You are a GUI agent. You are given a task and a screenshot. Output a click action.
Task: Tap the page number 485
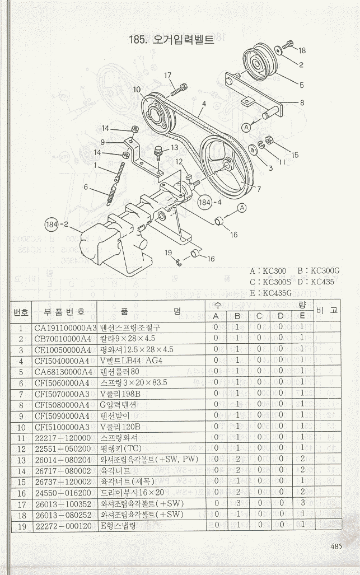(336, 547)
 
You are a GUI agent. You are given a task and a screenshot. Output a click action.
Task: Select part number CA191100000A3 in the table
(66, 328)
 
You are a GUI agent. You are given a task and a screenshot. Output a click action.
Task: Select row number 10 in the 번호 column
(21, 427)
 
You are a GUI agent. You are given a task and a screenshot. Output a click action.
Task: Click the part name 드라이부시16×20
(132, 492)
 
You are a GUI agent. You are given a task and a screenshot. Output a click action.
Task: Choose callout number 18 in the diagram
(302, 50)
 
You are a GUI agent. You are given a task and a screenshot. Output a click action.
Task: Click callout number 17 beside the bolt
(168, 75)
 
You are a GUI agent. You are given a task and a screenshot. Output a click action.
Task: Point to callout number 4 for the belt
(205, 104)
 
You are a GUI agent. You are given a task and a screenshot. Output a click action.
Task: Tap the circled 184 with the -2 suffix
(57, 225)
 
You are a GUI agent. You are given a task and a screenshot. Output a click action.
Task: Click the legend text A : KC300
(268, 271)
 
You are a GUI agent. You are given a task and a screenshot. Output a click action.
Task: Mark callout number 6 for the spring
(86, 187)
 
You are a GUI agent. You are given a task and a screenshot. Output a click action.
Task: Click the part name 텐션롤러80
(119, 372)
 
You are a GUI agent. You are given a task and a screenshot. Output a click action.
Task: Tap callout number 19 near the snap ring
(167, 253)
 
